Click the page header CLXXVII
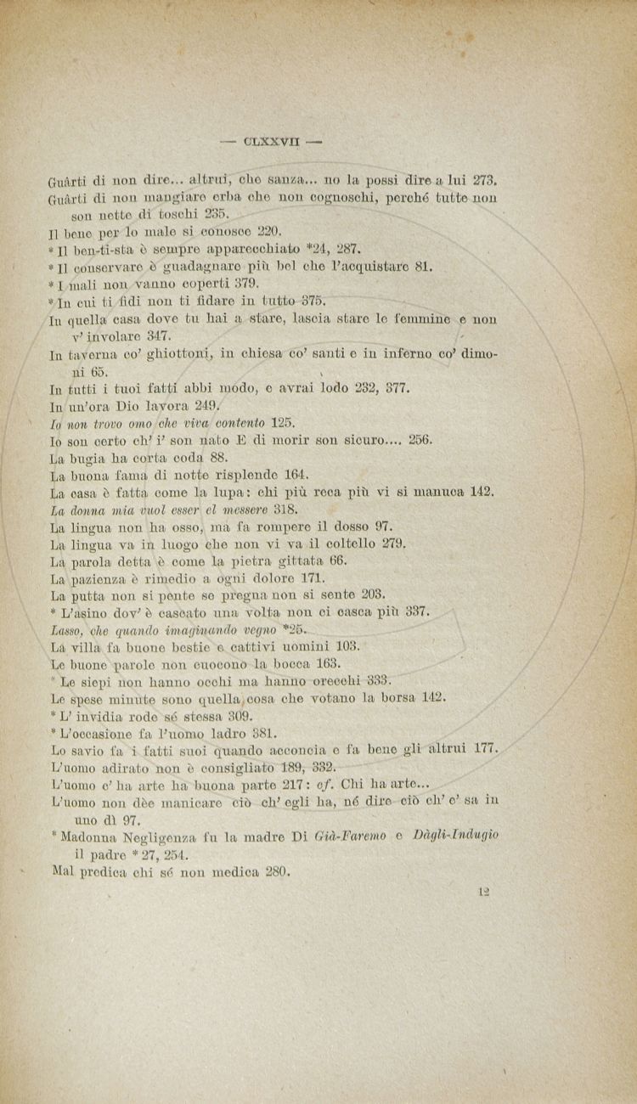point(270,142)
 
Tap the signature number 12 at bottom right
point(485,891)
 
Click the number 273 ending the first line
point(483,180)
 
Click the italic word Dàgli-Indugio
point(456,836)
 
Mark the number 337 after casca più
point(418,611)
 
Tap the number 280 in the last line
point(278,870)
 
